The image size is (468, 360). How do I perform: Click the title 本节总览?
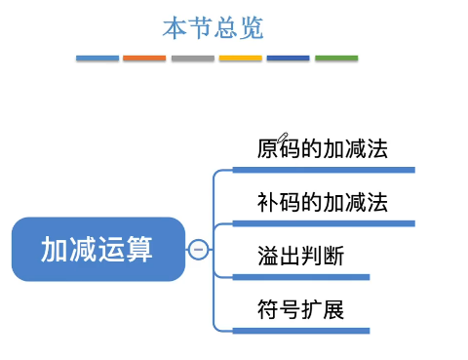point(213,28)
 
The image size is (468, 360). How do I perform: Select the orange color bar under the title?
point(144,59)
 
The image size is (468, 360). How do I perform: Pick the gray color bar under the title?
point(192,59)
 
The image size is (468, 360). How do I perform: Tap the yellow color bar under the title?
point(240,59)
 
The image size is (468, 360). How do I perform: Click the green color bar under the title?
point(335,59)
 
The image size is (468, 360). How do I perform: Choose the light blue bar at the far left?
point(97,59)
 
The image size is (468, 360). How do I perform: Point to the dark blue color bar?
point(288,59)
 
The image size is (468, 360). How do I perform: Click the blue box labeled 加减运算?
point(97,250)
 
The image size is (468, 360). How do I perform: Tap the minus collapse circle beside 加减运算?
point(198,250)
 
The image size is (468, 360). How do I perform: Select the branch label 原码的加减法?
point(322,149)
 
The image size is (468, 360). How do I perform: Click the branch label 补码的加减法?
point(322,203)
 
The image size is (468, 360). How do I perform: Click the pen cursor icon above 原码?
point(284,138)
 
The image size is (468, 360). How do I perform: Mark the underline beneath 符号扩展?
point(302,331)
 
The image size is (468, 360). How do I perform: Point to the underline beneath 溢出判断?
point(302,277)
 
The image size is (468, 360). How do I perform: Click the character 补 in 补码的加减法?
point(267,203)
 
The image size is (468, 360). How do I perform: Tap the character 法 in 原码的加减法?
point(377,149)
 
